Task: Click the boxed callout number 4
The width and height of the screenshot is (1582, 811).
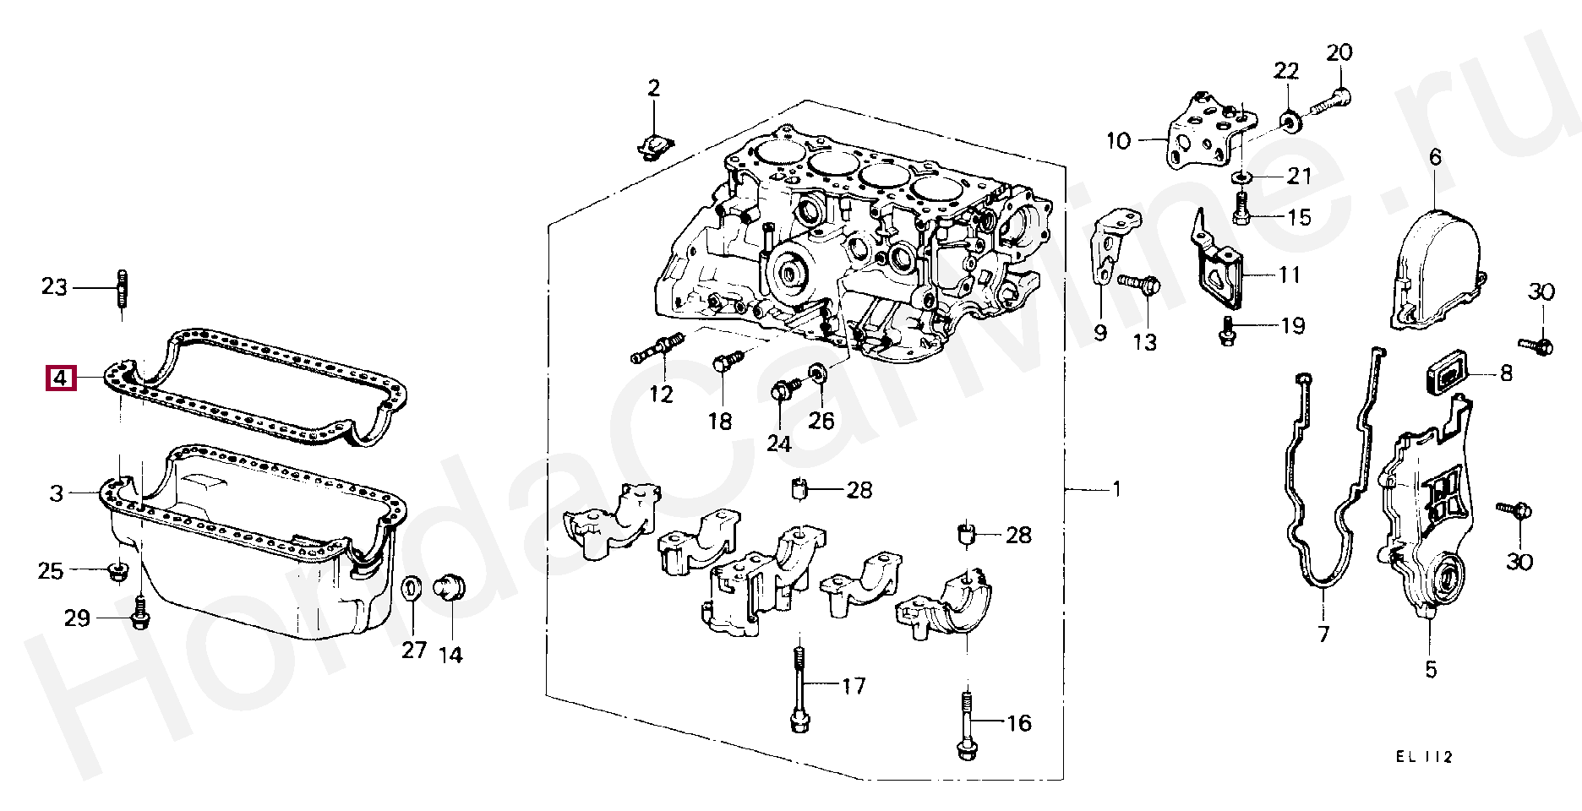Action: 61,378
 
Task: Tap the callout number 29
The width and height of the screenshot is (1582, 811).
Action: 77,618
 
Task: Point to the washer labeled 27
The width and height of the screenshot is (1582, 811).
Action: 412,589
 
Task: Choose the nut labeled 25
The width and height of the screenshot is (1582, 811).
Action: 119,572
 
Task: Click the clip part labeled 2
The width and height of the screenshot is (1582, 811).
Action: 654,145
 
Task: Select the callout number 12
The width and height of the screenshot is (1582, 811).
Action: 661,395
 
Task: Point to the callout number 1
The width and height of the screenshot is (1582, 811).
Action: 1116,489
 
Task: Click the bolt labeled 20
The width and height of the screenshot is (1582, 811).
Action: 1332,103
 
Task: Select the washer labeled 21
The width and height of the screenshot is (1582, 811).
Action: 1241,177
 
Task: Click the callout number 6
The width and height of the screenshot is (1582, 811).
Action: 1435,157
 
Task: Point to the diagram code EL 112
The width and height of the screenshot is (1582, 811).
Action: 1424,757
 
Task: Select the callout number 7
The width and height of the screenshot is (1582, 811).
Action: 1323,634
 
